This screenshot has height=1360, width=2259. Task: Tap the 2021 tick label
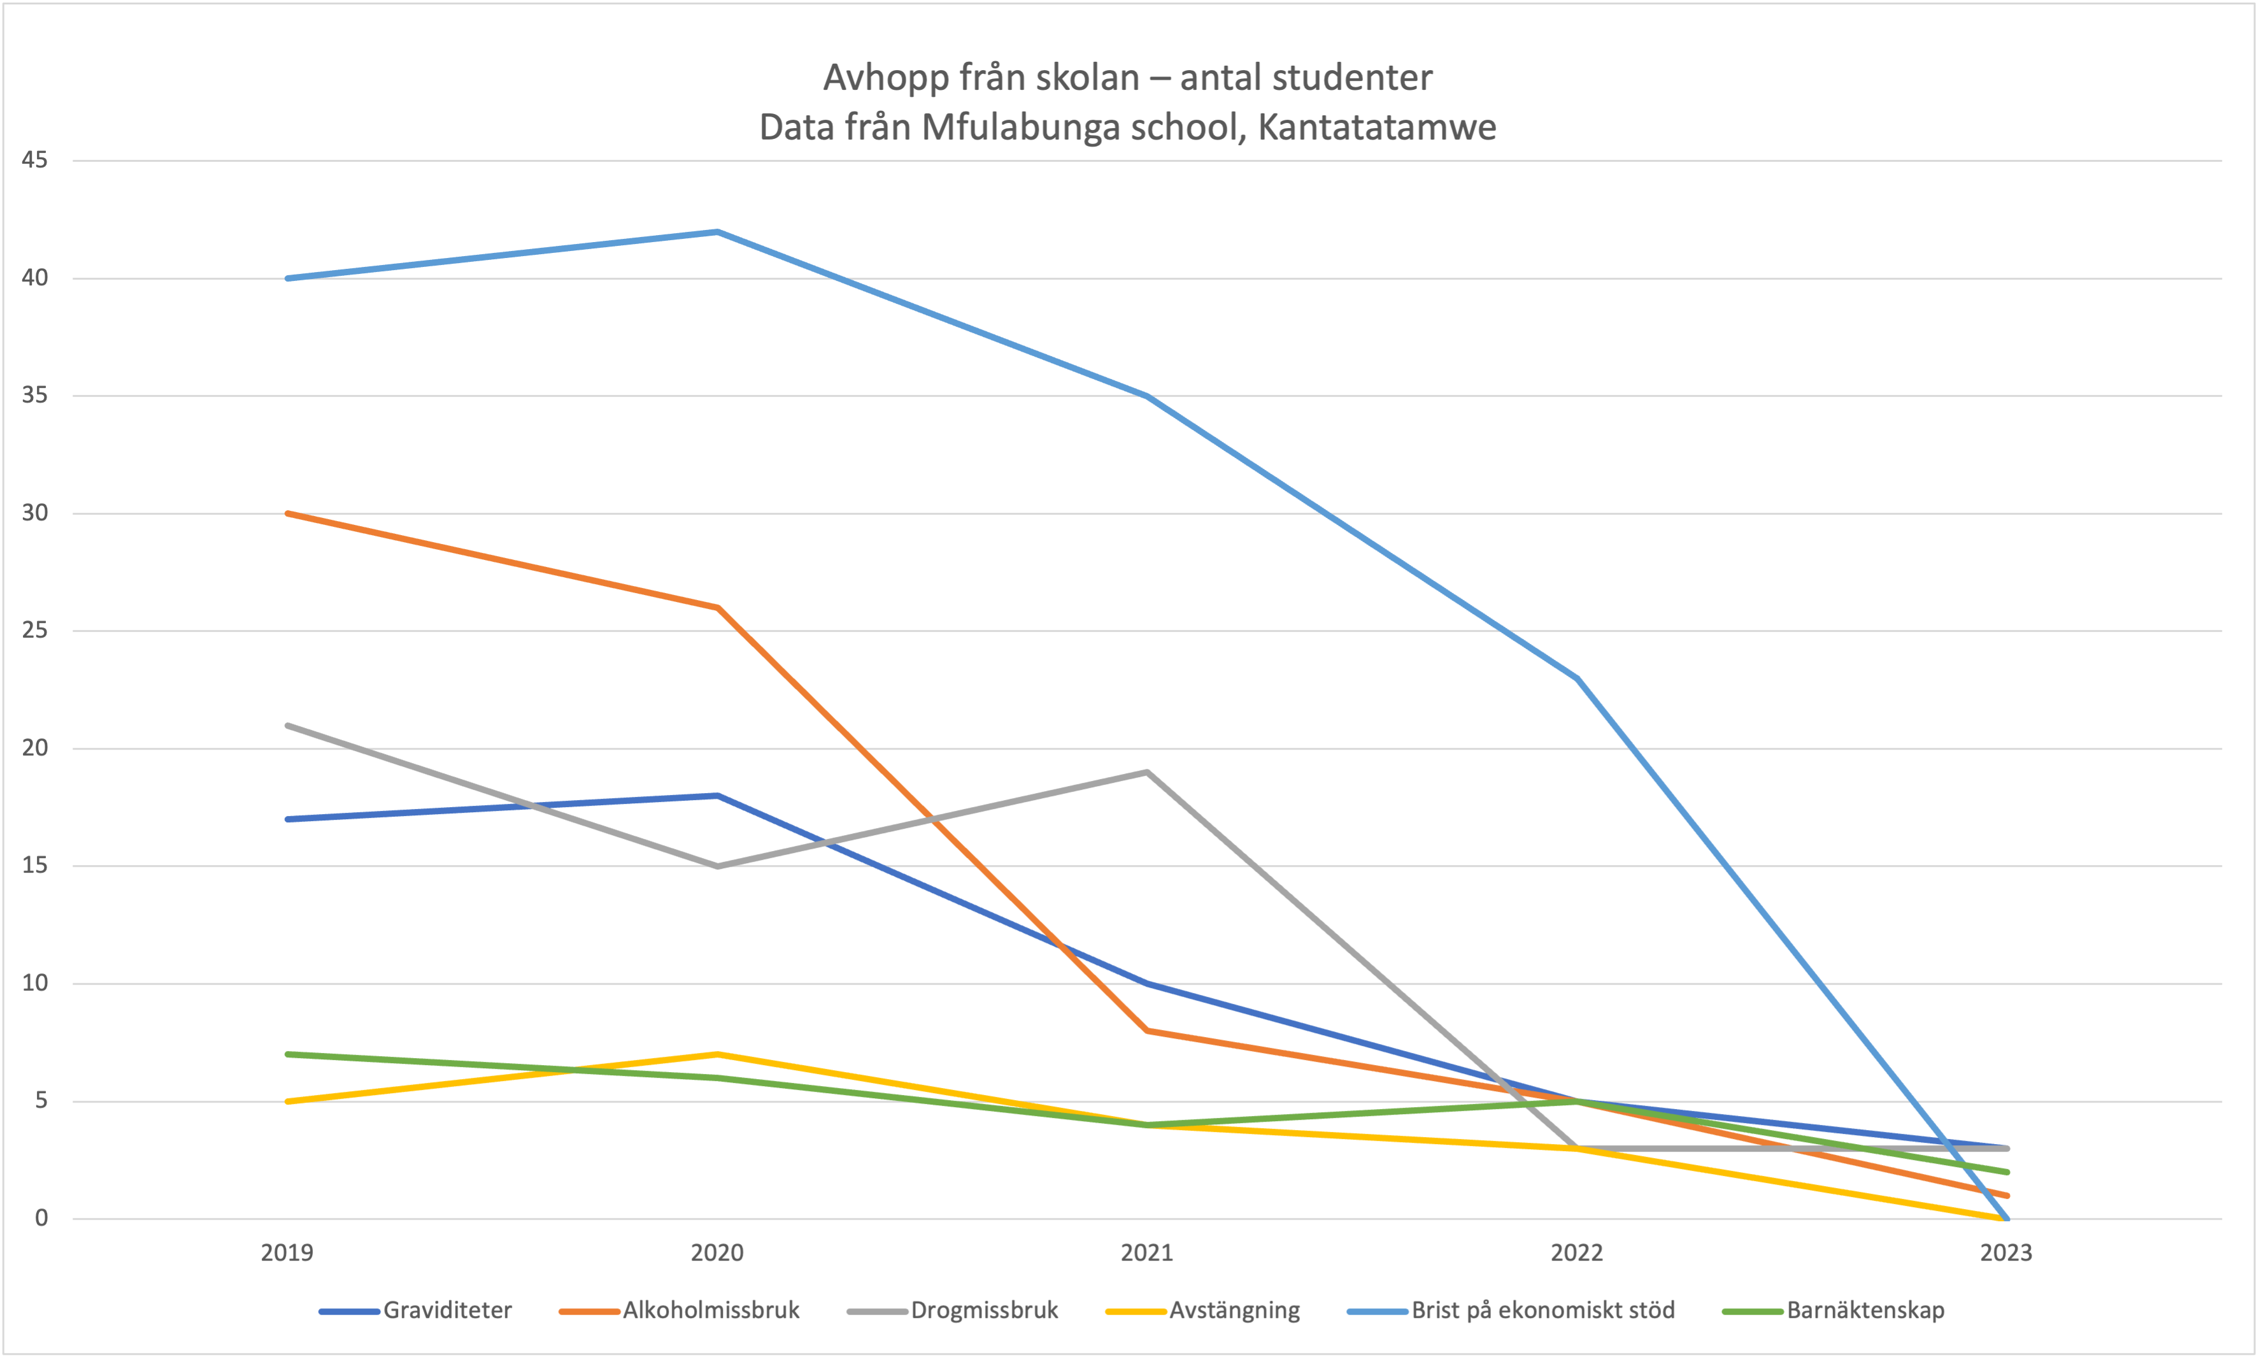click(x=1147, y=1253)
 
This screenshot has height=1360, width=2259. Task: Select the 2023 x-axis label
click(x=2006, y=1253)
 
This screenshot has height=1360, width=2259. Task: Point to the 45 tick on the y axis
click(x=35, y=161)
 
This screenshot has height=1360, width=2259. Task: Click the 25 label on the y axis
click(x=35, y=631)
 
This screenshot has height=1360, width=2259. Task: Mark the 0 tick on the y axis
click(x=41, y=1218)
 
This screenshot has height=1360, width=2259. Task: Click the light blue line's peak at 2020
click(x=717, y=232)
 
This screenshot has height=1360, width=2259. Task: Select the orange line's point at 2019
click(x=288, y=513)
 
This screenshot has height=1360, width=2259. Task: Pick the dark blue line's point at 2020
click(x=717, y=796)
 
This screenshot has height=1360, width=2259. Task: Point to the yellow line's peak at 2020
click(x=717, y=1054)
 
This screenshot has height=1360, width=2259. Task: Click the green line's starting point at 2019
click(x=288, y=1054)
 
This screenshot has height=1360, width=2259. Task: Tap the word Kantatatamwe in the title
click(x=1377, y=127)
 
